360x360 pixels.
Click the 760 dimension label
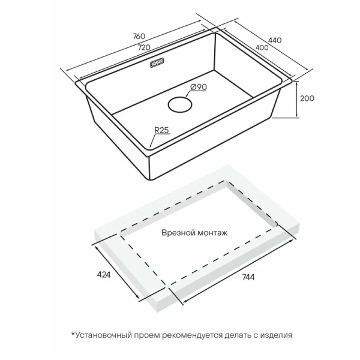tap(139, 36)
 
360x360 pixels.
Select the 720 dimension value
tap(144, 47)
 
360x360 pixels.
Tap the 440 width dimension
tap(275, 40)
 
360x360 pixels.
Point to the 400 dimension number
tap(262, 47)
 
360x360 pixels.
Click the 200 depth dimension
tap(307, 98)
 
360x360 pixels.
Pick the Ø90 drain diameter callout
tap(199, 87)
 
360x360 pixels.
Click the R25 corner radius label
tap(161, 130)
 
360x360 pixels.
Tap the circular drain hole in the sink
tap(180, 104)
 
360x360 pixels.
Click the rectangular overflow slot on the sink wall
tap(157, 62)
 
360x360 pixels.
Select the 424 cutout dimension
tap(104, 275)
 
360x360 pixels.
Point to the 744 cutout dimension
tap(248, 277)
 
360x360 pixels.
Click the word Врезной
tap(176, 233)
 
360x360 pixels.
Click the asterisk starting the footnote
tap(73, 334)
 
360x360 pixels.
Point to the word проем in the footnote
tap(146, 335)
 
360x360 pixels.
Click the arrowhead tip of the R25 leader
tap(149, 147)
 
